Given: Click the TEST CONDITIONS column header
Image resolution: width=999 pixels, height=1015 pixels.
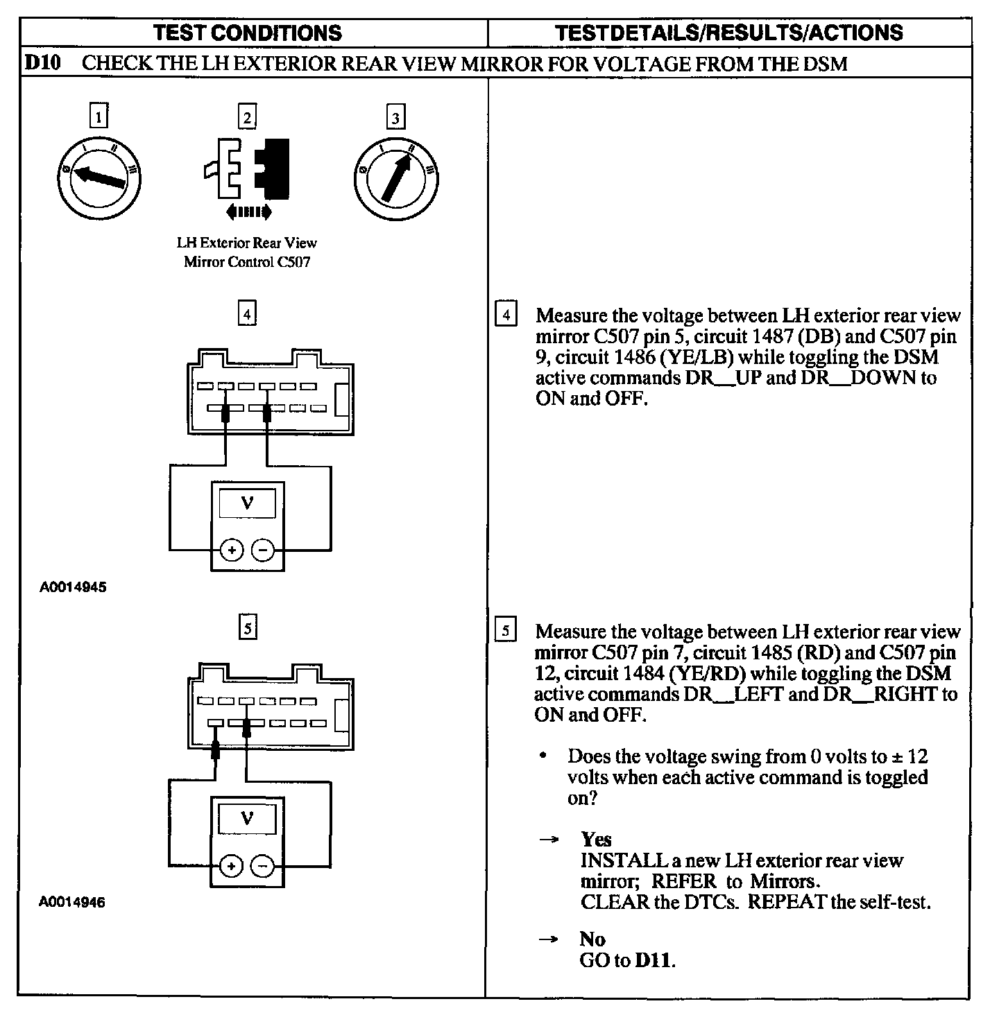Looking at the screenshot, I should [248, 33].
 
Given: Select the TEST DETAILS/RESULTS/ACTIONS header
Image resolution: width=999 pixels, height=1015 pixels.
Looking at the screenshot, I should [729, 33].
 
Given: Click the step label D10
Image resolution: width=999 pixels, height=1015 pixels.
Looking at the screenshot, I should [43, 64].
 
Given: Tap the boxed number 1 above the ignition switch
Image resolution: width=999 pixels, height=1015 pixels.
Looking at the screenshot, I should [100, 116].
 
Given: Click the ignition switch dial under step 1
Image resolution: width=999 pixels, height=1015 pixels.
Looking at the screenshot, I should [100, 177].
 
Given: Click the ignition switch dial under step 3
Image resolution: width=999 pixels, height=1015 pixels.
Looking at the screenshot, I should [395, 177].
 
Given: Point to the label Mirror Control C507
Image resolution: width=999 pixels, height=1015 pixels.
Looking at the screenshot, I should [247, 262].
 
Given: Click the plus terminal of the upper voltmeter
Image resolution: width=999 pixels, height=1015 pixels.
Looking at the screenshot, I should [232, 550].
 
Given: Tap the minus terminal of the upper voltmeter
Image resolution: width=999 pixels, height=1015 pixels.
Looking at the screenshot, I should [262, 550].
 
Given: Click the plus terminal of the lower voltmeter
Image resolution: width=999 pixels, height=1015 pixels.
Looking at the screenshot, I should [232, 866].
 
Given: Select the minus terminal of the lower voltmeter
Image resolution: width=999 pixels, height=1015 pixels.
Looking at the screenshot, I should [262, 866].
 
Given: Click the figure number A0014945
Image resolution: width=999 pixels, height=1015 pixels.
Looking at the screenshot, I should [73, 587].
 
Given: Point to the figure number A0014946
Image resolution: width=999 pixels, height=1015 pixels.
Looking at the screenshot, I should [73, 903].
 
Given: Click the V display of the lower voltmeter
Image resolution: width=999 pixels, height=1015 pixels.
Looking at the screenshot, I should [247, 819].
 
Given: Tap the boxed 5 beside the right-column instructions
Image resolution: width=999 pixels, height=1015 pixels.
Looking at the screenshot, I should [506, 631].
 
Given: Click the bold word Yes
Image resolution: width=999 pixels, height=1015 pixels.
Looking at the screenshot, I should [596, 840].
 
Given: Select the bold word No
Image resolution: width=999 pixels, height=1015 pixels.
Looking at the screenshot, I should [592, 939].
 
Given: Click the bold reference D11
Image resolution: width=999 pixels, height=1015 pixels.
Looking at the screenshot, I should [654, 961].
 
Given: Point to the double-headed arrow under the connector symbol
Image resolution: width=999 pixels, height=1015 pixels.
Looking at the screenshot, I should [248, 211].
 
